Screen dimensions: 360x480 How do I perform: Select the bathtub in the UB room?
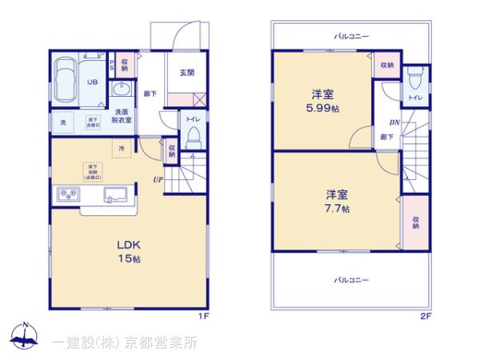(63, 83)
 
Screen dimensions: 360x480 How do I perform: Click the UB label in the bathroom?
(92, 82)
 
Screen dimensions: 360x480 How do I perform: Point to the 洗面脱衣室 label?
(122, 115)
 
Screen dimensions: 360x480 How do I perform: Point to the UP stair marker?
(158, 179)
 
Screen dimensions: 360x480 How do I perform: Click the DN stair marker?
(394, 122)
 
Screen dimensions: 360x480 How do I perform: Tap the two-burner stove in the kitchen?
(66, 196)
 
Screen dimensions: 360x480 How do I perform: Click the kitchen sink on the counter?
(119, 195)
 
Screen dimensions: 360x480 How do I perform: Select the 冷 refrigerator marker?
(122, 149)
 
